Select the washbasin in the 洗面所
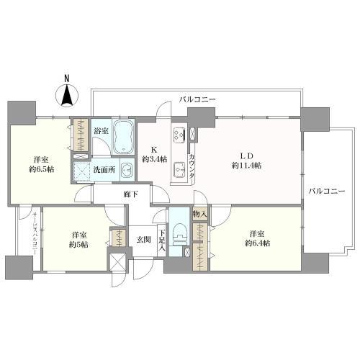click(x=126, y=171)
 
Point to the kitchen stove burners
click(x=178, y=135)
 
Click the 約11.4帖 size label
click(x=246, y=166)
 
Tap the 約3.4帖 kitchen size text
click(x=154, y=159)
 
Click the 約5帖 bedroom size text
click(x=79, y=245)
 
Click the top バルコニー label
click(x=198, y=99)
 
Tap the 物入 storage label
click(x=199, y=215)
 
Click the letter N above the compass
click(x=66, y=78)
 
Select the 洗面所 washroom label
click(x=100, y=170)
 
